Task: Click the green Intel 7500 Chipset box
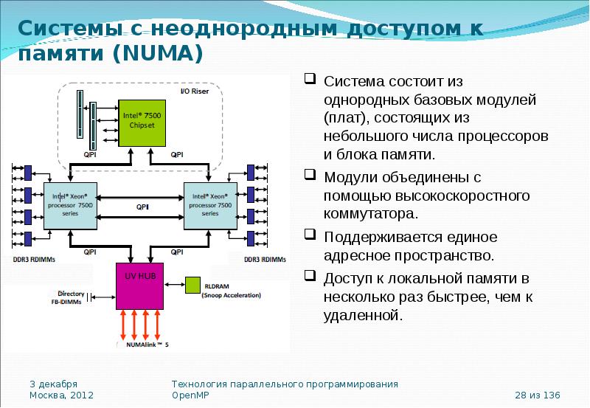142,121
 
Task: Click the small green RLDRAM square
192,284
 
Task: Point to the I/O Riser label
195,91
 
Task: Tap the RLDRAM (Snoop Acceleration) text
232,291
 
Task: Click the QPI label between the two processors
142,207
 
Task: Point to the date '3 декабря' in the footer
53,384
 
